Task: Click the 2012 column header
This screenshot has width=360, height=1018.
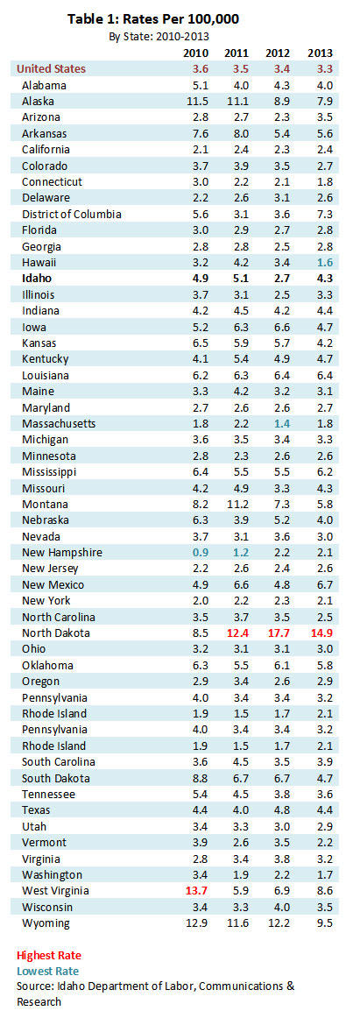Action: pyautogui.click(x=279, y=53)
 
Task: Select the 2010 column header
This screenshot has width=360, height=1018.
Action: pyautogui.click(x=194, y=53)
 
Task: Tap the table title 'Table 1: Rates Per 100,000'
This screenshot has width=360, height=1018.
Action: pyautogui.click(x=153, y=19)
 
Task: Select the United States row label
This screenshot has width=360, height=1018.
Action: pyautogui.click(x=51, y=68)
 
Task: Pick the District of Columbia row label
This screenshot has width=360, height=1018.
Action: pyautogui.click(x=71, y=214)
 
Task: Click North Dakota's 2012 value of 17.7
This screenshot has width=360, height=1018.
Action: pyautogui.click(x=277, y=633)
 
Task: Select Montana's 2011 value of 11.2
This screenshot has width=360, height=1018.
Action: pyautogui.click(x=236, y=504)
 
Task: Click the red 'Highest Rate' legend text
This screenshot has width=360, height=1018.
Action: pyautogui.click(x=49, y=956)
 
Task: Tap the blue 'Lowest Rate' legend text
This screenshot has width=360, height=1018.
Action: pyautogui.click(x=48, y=972)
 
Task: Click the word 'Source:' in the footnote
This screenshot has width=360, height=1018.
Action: pyautogui.click(x=34, y=986)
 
